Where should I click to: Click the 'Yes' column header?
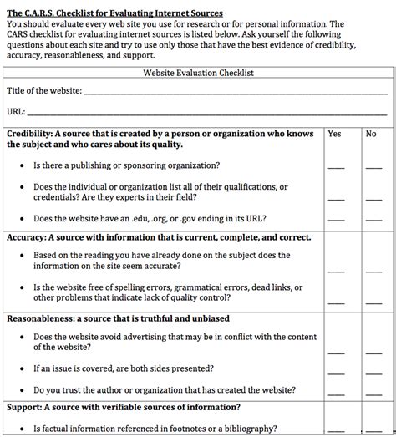tap(334, 134)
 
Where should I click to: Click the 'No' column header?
tap(371, 134)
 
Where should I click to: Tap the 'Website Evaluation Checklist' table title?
tap(199, 73)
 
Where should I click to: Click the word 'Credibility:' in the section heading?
tap(30, 134)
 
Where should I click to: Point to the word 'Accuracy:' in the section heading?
tap(27, 238)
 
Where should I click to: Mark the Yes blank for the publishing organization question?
tap(335, 168)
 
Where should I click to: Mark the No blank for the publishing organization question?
tap(373, 168)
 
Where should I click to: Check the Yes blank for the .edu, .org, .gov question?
tap(335, 221)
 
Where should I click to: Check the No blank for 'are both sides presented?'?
tap(373, 371)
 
